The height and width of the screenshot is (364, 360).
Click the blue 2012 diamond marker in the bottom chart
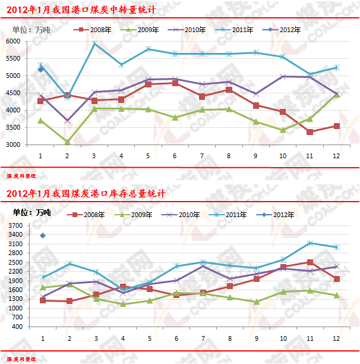tap(42, 236)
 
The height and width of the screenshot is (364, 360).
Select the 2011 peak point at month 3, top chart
tap(94, 43)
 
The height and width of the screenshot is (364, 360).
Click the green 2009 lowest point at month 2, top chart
tap(67, 142)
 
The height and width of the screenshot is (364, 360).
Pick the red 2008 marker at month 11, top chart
tap(310, 131)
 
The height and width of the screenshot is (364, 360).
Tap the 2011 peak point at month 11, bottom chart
tap(310, 243)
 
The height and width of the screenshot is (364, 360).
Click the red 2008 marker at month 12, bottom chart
tap(337, 279)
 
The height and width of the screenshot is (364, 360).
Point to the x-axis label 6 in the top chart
tap(175, 156)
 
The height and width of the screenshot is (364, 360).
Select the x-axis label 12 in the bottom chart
tap(337, 338)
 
